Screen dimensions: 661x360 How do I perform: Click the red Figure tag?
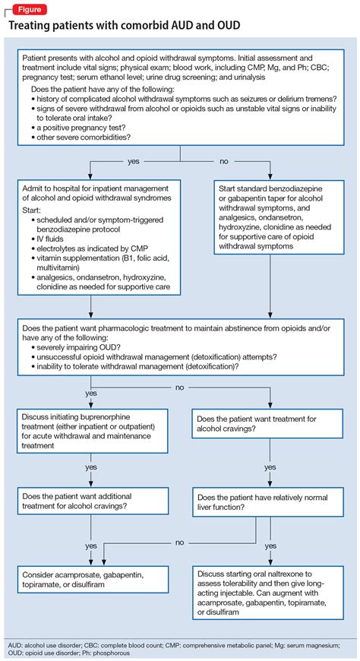[x=26, y=8]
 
